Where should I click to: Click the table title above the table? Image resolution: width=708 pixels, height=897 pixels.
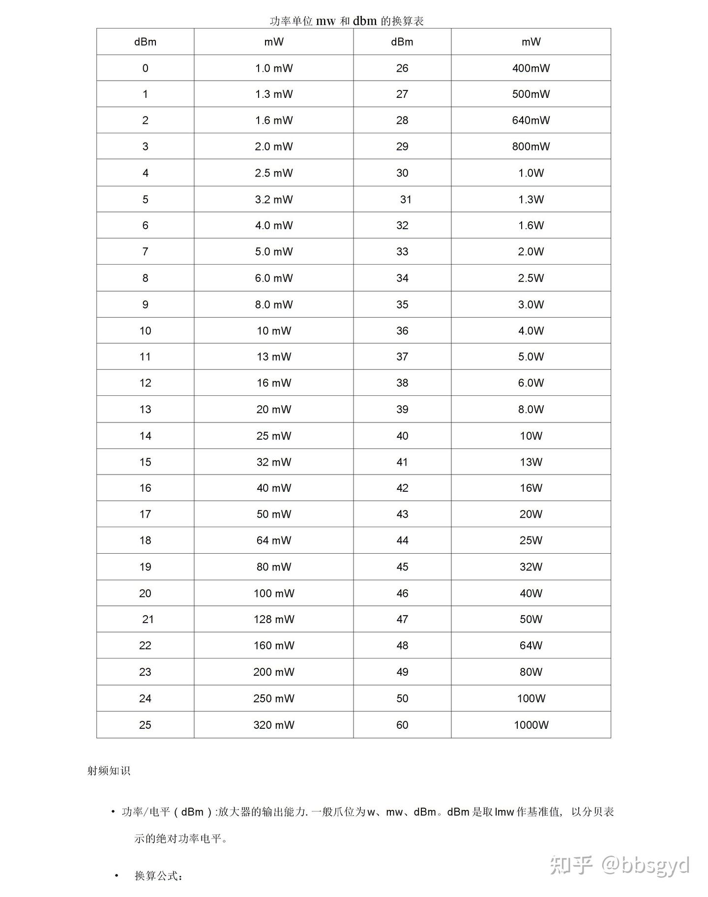point(347,21)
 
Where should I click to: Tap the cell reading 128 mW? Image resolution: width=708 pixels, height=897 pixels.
point(274,619)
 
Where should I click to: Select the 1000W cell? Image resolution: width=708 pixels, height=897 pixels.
point(531,724)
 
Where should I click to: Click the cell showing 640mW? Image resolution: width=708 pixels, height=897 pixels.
point(531,120)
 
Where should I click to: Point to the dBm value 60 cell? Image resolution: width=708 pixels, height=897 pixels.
point(402,724)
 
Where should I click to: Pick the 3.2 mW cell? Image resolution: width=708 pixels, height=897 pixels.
point(274,199)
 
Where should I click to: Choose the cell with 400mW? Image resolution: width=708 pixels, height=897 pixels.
point(531,68)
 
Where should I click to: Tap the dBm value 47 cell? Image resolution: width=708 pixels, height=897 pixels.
point(402,619)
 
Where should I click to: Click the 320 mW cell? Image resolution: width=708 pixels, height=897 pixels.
point(274,724)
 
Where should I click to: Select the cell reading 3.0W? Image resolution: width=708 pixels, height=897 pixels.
point(531,304)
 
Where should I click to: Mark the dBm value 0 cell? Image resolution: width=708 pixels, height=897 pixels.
point(145,68)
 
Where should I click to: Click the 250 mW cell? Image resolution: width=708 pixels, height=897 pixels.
point(274,698)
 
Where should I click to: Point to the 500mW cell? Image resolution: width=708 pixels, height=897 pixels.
point(531,94)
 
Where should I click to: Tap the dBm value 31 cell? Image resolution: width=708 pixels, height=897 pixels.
point(406,199)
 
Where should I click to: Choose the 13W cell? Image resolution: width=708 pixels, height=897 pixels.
point(531,462)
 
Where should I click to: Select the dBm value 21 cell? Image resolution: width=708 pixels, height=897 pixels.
point(148,619)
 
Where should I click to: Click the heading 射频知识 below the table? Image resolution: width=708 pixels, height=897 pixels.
point(109,771)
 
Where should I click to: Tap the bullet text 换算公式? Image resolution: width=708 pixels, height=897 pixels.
point(159,876)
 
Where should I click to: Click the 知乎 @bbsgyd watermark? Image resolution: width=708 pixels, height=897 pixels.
point(620,865)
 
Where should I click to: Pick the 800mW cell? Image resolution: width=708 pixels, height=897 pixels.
point(531,146)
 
